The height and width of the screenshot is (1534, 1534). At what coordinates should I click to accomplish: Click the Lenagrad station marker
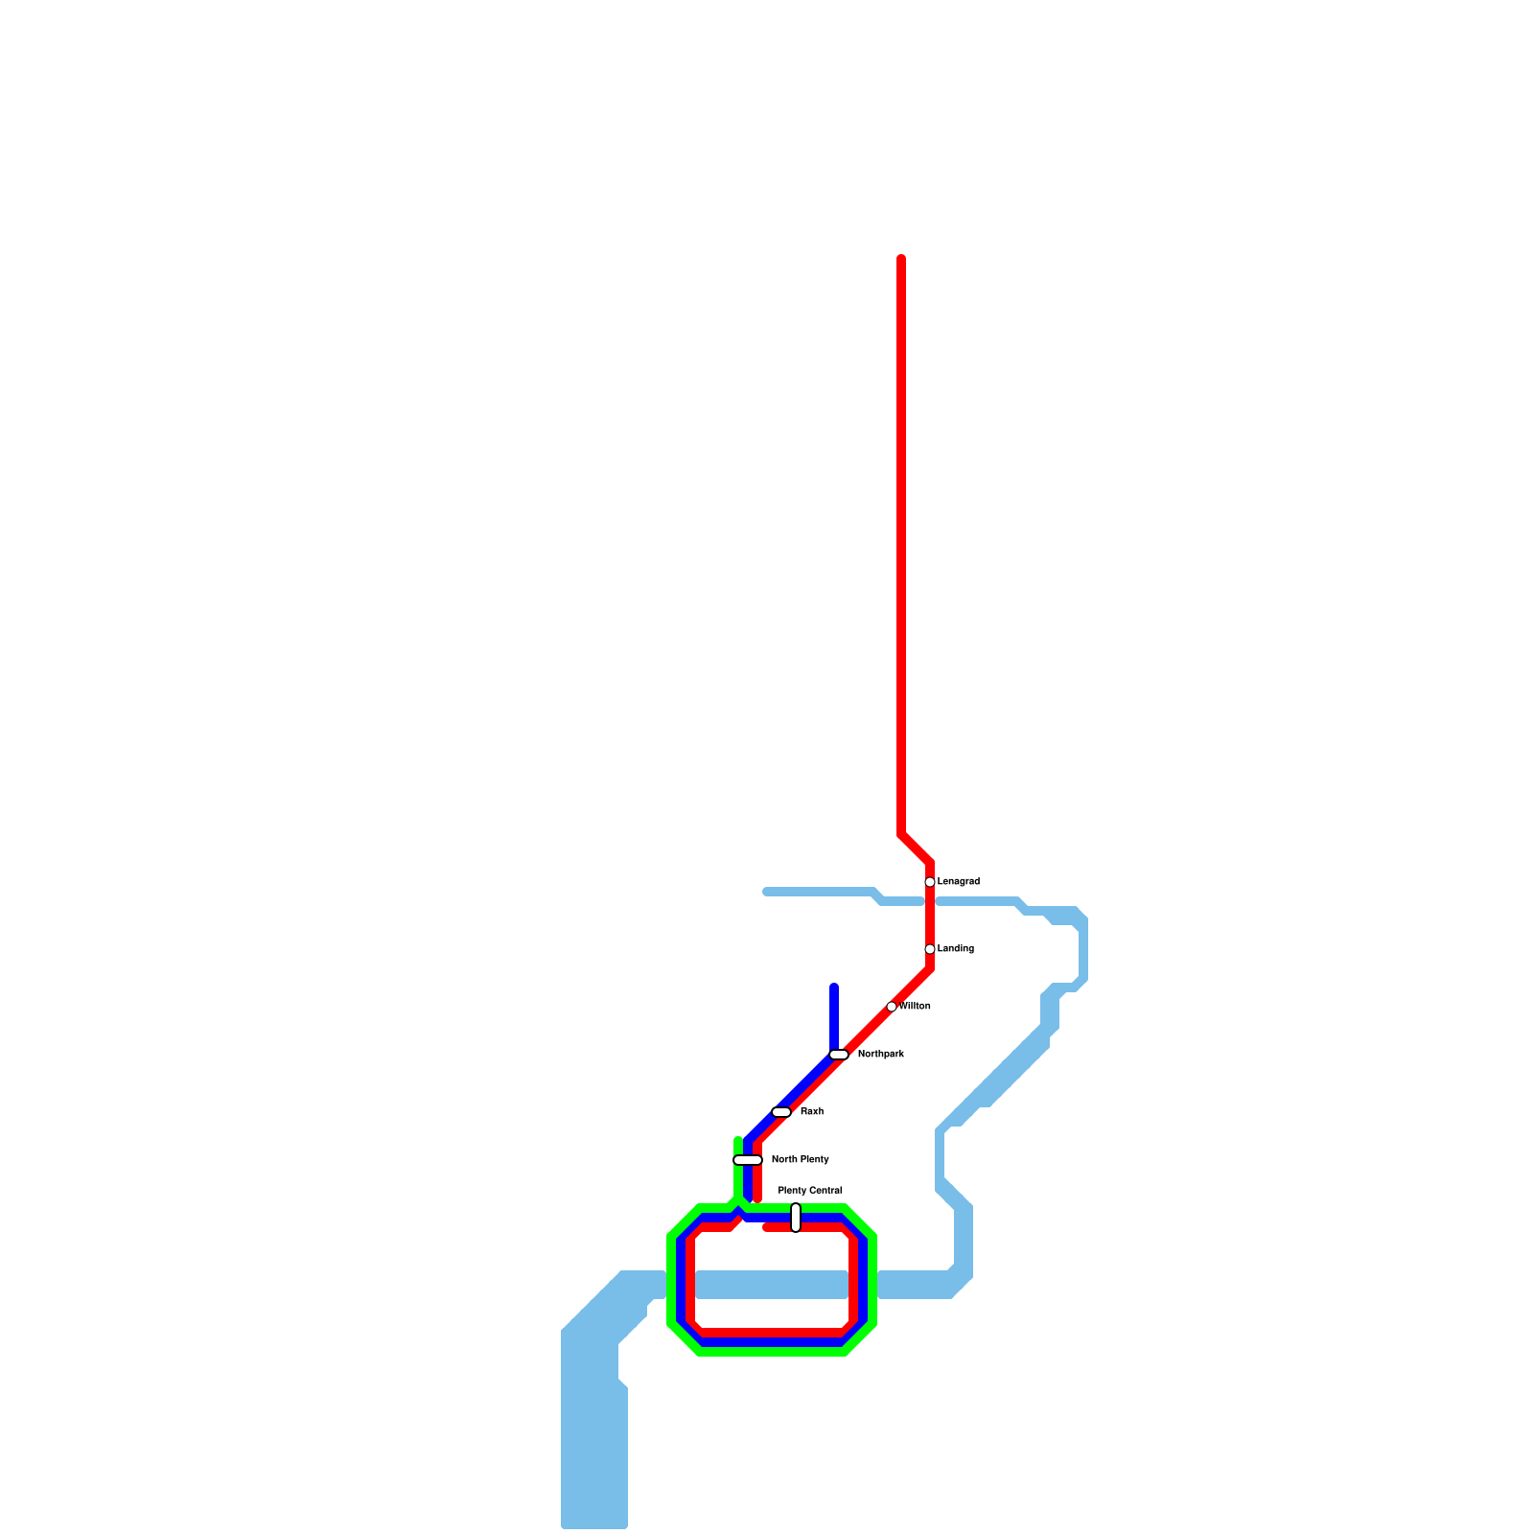[x=930, y=882]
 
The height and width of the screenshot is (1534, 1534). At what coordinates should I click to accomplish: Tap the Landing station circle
[x=930, y=949]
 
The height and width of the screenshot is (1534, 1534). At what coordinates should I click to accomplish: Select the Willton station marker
[x=892, y=1007]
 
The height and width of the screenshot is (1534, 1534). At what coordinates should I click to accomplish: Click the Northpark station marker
[x=839, y=1055]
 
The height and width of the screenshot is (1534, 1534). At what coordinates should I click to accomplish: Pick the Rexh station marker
[x=781, y=1112]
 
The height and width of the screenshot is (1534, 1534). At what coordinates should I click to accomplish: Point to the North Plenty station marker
[x=748, y=1160]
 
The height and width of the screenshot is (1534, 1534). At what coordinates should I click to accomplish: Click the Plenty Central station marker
[x=796, y=1218]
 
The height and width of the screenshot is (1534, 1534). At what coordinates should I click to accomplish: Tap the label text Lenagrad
[x=959, y=882]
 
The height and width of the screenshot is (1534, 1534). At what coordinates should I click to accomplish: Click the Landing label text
[x=956, y=949]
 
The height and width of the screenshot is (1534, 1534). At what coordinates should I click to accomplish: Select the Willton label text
[x=916, y=1007]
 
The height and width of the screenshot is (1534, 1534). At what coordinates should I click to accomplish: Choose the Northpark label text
[x=881, y=1055]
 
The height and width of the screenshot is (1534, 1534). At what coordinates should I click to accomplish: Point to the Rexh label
[x=812, y=1112]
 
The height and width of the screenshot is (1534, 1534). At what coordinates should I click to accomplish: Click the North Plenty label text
[x=801, y=1160]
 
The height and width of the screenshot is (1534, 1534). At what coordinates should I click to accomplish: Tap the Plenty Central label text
[x=810, y=1191]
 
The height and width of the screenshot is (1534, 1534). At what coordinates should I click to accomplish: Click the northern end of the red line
[x=901, y=259]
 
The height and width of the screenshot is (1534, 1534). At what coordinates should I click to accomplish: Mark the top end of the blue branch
[x=834, y=988]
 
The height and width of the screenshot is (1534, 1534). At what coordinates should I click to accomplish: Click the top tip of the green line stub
[x=738, y=1140]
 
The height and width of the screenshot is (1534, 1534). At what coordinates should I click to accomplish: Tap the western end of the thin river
[x=766, y=892]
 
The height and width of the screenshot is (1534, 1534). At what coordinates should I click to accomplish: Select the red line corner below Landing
[x=930, y=968]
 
